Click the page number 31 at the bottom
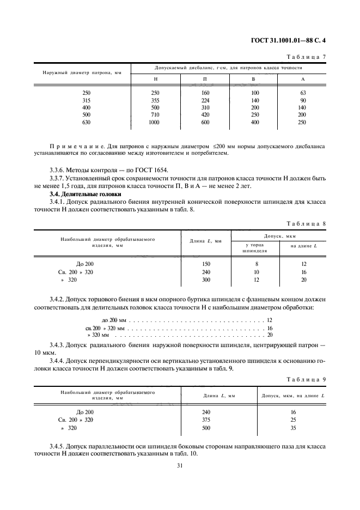tap(180, 465)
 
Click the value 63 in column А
tap(303, 93)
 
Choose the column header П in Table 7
tap(205, 80)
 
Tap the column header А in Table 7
tap(303, 80)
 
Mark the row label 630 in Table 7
tap(87, 123)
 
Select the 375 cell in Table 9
tap(206, 420)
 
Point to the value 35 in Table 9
tap(294, 428)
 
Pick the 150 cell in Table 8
tap(206, 264)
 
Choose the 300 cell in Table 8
tap(206, 280)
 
